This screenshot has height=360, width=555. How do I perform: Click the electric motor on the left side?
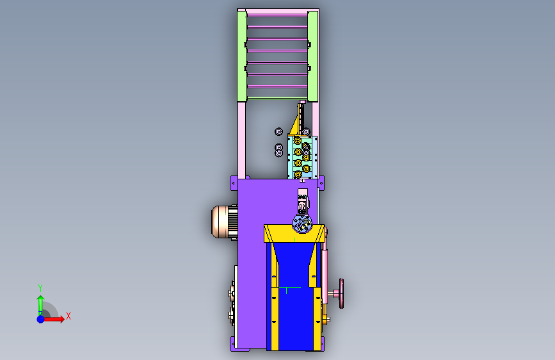pyautogui.click(x=225, y=222)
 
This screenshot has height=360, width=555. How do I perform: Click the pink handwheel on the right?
pyautogui.click(x=341, y=293)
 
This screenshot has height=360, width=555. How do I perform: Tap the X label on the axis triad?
pyautogui.click(x=68, y=316)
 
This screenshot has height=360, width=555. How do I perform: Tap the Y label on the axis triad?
pyautogui.click(x=40, y=288)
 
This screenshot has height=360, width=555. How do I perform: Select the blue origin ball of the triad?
pyautogui.click(x=41, y=319)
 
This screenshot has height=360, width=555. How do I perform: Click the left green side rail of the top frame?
pyautogui.click(x=242, y=56)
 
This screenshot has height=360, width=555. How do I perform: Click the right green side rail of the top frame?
pyautogui.click(x=312, y=56)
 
